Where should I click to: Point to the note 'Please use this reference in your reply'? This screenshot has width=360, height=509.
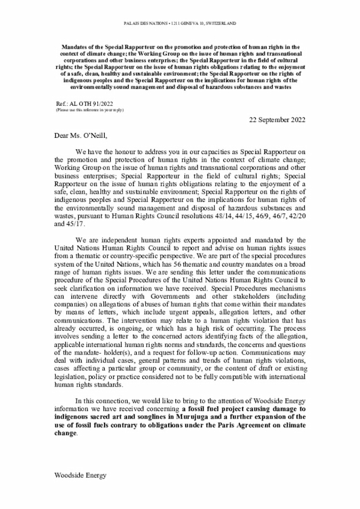tap(89, 110)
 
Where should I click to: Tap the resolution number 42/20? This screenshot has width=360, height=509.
tap(296, 222)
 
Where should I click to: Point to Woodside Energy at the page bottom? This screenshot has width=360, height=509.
tap(80, 475)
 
